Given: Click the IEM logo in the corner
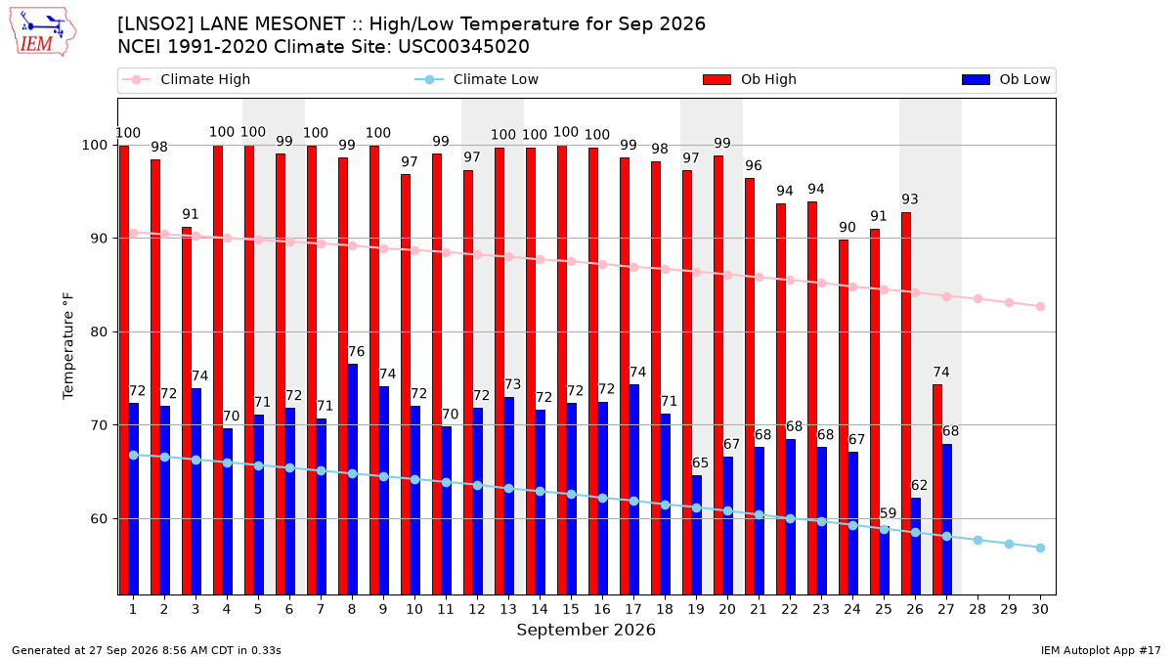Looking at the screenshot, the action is (43, 32).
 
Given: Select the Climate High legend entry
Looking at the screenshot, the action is (187, 79).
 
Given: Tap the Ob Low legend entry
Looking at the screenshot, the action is (1006, 79).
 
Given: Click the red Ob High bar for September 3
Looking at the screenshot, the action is (187, 411).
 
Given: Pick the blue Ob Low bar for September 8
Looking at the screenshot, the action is (353, 479).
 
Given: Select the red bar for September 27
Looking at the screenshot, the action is (937, 490).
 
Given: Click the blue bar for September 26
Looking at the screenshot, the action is (915, 547).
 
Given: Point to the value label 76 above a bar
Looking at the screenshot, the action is (356, 351).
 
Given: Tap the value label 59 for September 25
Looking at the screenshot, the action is (889, 513).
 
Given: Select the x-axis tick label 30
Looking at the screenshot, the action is (1040, 609).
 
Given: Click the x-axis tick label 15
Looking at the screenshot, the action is (571, 609).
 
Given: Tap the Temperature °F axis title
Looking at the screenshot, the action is (68, 346).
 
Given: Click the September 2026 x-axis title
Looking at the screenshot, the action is (586, 630).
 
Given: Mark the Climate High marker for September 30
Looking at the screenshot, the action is (1040, 306).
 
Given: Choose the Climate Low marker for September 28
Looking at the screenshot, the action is (977, 540).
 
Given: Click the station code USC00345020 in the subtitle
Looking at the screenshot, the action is (463, 47).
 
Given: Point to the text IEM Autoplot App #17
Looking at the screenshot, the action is (1101, 650).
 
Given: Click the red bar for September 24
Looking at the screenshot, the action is (843, 418).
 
